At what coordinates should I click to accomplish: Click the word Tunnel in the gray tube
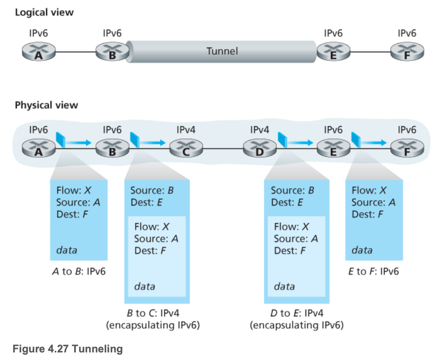(x=222, y=51)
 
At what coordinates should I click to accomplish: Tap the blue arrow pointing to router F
(x=373, y=142)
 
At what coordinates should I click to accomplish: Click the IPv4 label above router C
(x=186, y=130)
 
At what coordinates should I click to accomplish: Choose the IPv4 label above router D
(x=259, y=130)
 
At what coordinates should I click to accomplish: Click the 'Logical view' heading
(x=44, y=12)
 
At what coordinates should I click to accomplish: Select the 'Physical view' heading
(x=46, y=105)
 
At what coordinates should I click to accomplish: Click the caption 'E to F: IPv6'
(x=374, y=271)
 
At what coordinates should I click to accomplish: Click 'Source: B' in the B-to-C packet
(x=152, y=190)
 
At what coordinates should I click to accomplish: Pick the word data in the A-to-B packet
(x=67, y=250)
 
